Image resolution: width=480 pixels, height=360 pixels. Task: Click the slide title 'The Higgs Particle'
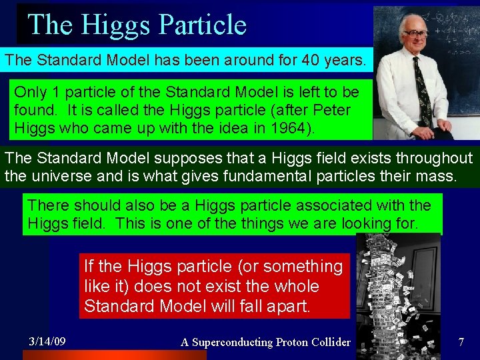[137, 25]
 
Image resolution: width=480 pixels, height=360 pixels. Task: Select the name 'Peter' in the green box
[331, 109]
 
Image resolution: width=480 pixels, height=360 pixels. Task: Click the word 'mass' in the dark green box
[437, 177]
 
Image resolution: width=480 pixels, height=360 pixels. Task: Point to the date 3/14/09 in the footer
[47, 341]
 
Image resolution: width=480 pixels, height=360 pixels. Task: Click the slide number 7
[461, 342]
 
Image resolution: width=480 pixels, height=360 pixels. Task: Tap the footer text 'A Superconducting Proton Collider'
[265, 342]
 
